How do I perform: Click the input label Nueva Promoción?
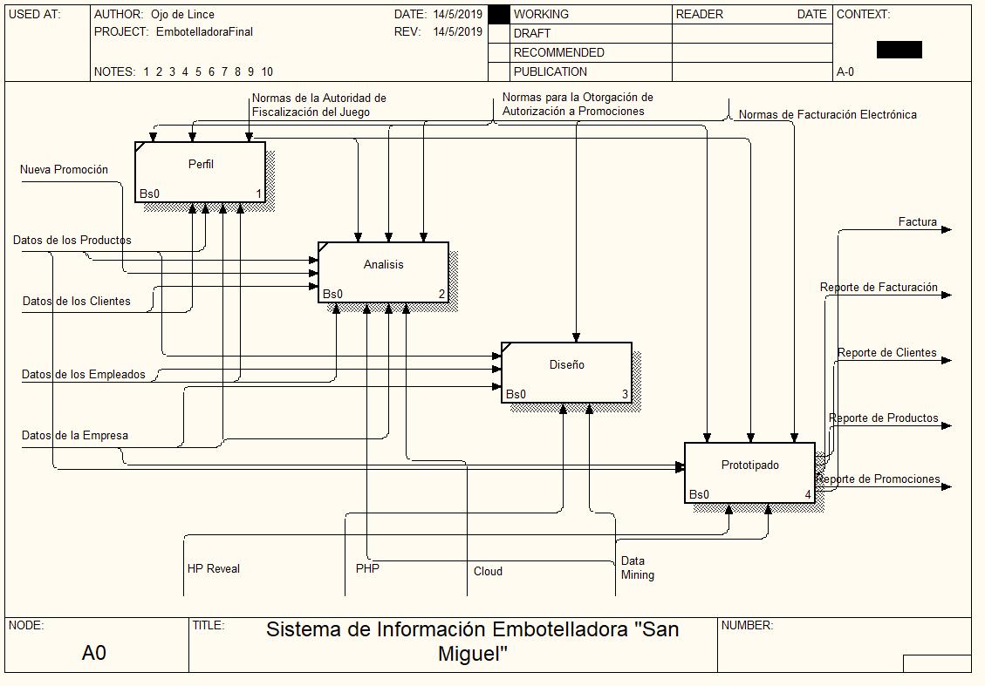(64, 170)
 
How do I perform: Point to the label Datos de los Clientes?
(76, 302)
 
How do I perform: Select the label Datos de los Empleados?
(84, 375)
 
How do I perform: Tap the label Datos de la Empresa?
(75, 436)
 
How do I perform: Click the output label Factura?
(917, 222)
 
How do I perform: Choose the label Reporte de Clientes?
(886, 353)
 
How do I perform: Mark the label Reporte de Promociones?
(879, 479)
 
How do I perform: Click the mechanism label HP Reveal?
(213, 569)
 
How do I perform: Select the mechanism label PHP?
(367, 569)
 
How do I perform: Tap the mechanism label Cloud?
(488, 572)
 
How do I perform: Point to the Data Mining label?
(637, 568)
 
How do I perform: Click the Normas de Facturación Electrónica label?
(827, 115)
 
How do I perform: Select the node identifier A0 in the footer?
(94, 653)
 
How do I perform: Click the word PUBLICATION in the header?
(550, 71)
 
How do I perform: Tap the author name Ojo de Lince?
(182, 15)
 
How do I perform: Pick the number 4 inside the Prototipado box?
(808, 495)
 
